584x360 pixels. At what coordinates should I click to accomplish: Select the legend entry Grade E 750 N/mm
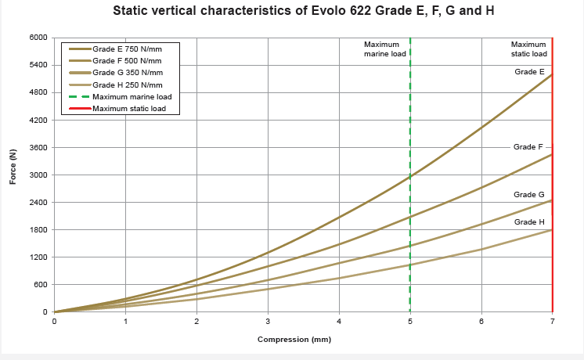tap(127, 49)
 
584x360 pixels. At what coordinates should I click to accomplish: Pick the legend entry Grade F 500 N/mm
tap(127, 61)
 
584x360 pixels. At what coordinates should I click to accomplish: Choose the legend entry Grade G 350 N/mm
tap(127, 73)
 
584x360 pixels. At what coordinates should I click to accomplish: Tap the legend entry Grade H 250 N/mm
tap(127, 85)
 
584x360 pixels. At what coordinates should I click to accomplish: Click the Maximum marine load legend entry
tap(132, 96)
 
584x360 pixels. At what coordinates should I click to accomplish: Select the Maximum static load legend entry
tap(128, 108)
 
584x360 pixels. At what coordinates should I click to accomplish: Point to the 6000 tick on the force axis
tap(38, 38)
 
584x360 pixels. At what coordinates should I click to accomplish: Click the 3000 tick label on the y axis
tap(38, 175)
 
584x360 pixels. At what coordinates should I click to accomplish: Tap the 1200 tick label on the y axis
tap(38, 257)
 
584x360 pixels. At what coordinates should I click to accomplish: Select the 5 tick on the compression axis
tap(410, 321)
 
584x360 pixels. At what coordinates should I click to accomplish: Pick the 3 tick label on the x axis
tap(268, 321)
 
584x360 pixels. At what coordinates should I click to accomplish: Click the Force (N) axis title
tap(13, 167)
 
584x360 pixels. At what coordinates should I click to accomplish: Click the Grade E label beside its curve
tap(529, 72)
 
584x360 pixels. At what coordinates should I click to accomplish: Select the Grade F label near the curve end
tap(528, 146)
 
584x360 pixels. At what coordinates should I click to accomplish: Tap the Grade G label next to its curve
tap(528, 194)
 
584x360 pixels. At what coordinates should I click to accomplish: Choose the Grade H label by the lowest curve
tap(528, 221)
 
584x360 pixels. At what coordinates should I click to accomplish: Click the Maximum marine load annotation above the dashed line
tap(381, 49)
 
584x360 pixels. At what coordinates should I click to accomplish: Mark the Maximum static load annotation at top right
tap(528, 49)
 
